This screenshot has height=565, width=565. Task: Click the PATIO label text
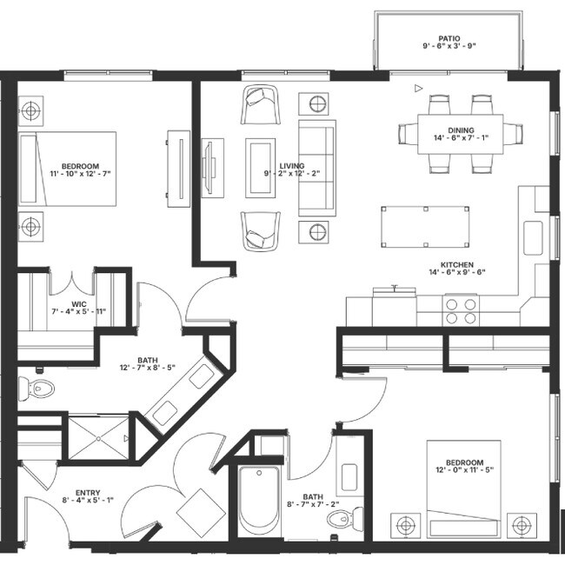pyautogui.click(x=449, y=39)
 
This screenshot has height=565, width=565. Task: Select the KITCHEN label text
pyautogui.click(x=456, y=263)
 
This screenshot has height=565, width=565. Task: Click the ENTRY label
pyautogui.click(x=88, y=491)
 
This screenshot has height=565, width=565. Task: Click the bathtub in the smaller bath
pyautogui.click(x=259, y=502)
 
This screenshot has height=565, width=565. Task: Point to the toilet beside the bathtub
pyautogui.click(x=340, y=519)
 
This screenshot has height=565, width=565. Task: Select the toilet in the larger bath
pyautogui.click(x=38, y=389)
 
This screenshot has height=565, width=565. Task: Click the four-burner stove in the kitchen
pyautogui.click(x=461, y=310)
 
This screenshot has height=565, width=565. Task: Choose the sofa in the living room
pyautogui.click(x=316, y=167)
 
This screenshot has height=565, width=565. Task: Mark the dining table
pyautogui.click(x=461, y=133)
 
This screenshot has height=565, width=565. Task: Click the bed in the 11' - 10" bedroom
pyautogui.click(x=70, y=169)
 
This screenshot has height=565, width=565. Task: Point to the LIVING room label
pyautogui.click(x=292, y=164)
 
